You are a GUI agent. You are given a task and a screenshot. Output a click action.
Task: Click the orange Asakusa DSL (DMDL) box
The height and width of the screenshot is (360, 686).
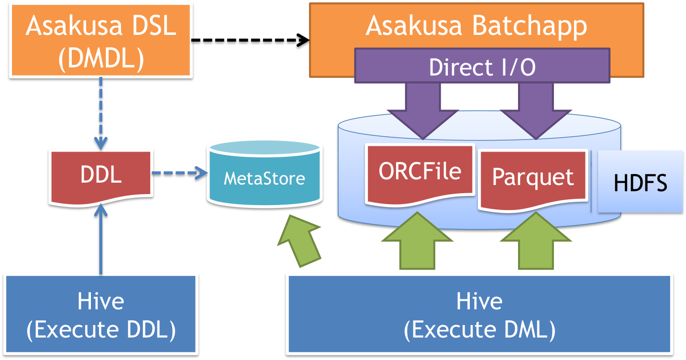100,41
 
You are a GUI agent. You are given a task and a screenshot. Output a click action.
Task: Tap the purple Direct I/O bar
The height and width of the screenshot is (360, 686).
482,67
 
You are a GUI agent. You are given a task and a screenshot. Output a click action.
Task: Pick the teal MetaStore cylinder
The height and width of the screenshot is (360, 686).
264,178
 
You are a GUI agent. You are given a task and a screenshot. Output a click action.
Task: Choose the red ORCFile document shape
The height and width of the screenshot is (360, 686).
420,172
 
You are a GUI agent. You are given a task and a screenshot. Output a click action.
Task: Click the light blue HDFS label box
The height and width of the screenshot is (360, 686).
640,182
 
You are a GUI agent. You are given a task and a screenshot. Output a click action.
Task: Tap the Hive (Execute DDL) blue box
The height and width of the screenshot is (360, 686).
101,316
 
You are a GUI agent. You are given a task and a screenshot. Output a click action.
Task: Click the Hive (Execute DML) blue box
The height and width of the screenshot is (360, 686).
479,316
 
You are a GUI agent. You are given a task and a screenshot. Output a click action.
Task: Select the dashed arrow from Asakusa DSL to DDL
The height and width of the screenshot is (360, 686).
101,112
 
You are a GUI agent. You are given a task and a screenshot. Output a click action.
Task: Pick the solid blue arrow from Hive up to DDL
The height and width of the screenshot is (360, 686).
101,239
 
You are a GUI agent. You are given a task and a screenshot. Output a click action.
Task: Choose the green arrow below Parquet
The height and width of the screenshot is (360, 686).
535,241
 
